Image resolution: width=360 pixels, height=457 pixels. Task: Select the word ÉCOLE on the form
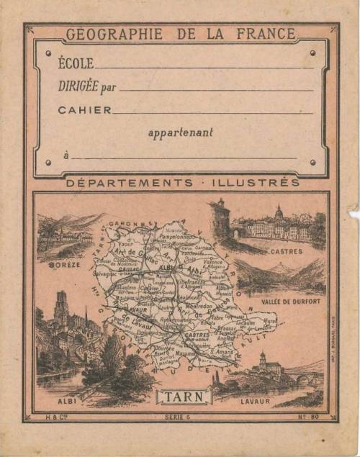pyautogui.click(x=76, y=63)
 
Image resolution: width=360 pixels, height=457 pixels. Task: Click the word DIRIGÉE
pyautogui.click(x=79, y=86)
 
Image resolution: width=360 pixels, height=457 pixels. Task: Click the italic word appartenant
pyautogui.click(x=180, y=132)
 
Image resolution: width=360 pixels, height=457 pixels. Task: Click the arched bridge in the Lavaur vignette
pyautogui.click(x=303, y=376)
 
